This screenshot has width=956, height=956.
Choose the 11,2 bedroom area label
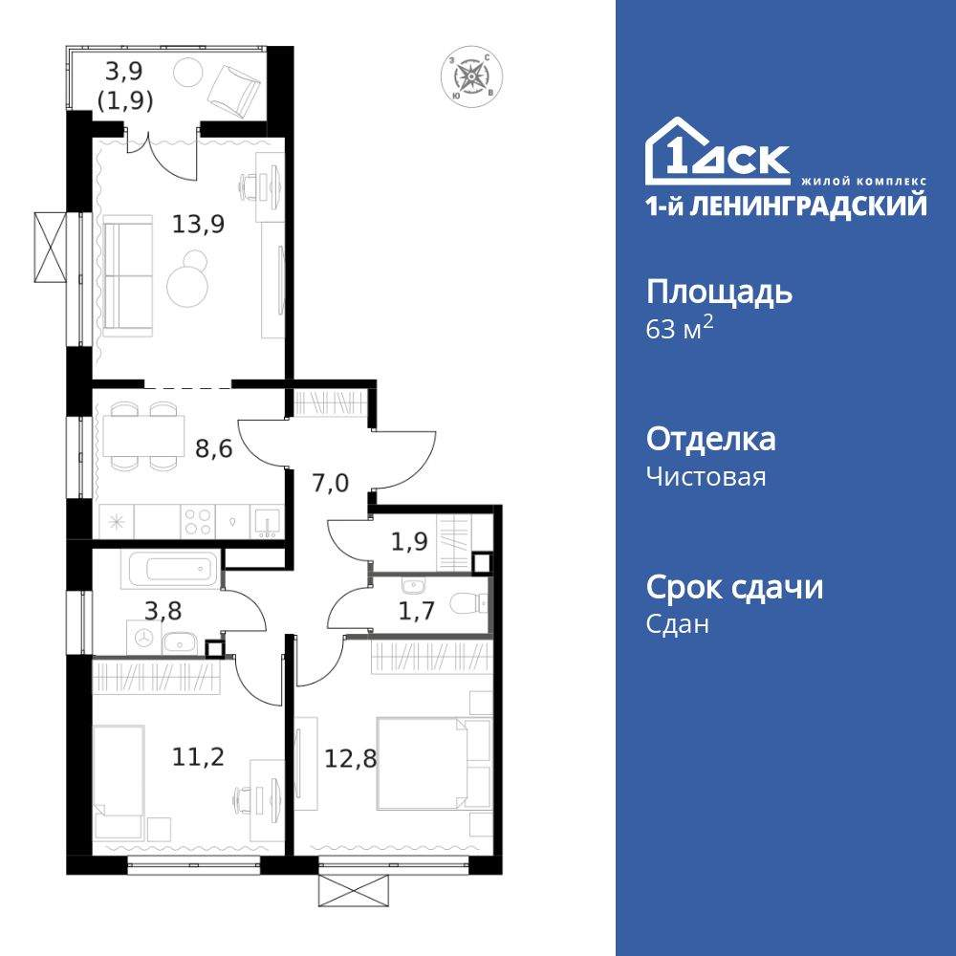(198, 758)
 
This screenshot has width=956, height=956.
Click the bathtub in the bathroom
(168, 571)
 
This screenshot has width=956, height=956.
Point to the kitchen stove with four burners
(198, 522)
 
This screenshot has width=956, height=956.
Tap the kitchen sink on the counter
(266, 522)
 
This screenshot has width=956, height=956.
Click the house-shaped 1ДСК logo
(718, 153)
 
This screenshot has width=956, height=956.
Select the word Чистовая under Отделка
(706, 477)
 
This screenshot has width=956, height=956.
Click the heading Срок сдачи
(734, 587)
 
